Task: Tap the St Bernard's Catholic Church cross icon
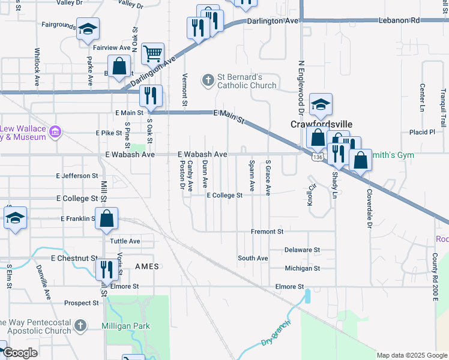coord(208,80)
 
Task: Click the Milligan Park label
coord(125,326)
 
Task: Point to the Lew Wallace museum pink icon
coord(55,131)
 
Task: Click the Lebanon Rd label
coord(399,20)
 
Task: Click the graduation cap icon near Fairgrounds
coord(88,29)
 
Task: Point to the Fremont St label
coord(267,231)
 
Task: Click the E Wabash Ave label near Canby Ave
coord(202,154)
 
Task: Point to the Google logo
coord(19,353)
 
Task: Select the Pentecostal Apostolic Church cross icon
coord(79,326)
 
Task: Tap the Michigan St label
coord(303,268)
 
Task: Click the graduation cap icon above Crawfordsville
coord(321,104)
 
